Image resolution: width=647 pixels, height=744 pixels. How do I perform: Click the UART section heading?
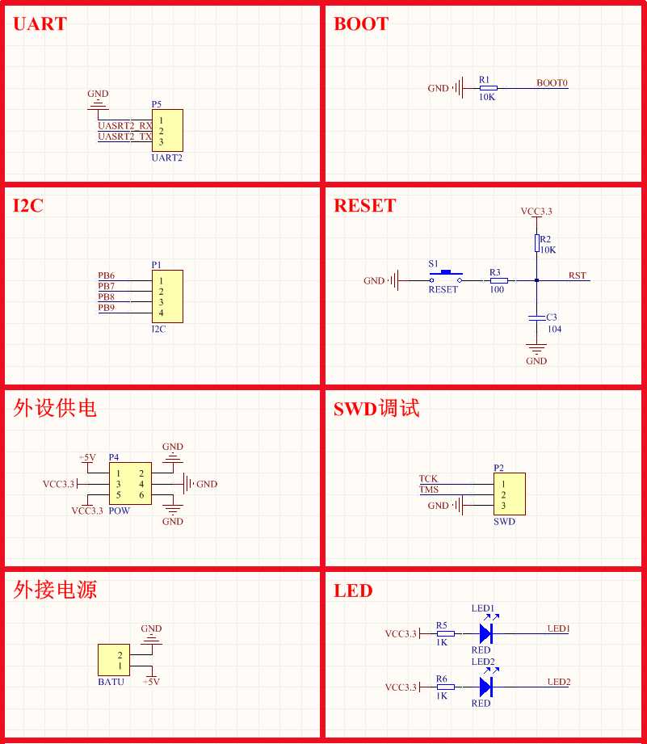(x=40, y=23)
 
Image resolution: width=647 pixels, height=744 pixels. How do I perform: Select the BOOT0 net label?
(x=552, y=82)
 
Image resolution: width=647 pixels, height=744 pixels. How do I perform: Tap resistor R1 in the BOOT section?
(x=488, y=87)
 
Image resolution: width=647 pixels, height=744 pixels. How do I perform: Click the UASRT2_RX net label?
(x=124, y=126)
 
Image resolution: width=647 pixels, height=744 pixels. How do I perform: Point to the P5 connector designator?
(x=156, y=104)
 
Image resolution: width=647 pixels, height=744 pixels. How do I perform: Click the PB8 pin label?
(x=106, y=296)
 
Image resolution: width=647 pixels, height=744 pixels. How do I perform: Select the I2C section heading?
(x=28, y=205)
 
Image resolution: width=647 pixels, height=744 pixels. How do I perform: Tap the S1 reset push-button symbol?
(x=444, y=274)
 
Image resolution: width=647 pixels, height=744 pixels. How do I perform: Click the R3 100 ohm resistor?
(x=498, y=280)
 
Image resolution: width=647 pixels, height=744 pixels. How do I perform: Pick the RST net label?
(x=577, y=275)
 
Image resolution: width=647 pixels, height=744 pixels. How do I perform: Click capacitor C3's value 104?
(x=553, y=329)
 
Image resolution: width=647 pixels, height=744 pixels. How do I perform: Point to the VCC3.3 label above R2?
(x=536, y=212)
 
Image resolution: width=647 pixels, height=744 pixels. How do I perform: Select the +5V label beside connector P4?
(x=87, y=457)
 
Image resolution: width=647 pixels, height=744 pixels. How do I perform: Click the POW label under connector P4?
(x=119, y=511)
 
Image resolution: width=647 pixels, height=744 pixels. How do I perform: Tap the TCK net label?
(x=428, y=479)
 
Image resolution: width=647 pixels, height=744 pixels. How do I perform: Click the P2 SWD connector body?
(x=509, y=494)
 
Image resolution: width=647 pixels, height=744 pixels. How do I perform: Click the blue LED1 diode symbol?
(x=485, y=633)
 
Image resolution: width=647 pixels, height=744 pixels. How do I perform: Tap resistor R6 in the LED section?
(x=445, y=687)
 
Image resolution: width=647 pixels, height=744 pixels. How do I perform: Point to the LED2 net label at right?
(x=558, y=682)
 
